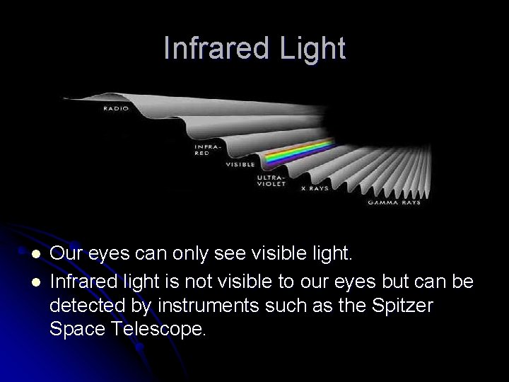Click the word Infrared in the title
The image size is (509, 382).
[213, 49]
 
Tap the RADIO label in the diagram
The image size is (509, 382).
[116, 108]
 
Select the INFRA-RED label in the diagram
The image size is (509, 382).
[203, 150]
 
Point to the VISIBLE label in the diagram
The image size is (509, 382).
[240, 165]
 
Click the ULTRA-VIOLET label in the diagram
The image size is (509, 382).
[271, 180]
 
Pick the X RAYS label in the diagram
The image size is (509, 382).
[315, 189]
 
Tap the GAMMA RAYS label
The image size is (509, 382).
[394, 202]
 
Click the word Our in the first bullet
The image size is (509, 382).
[64, 253]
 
